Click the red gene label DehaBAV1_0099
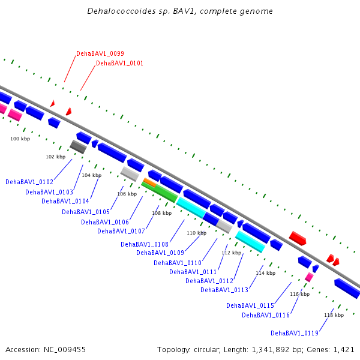pos(100,53)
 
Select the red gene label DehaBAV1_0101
pos(119,63)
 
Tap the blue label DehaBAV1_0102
pos(29,182)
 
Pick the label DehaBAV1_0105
pos(86,212)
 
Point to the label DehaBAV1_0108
pos(145,244)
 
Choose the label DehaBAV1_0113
pos(224,290)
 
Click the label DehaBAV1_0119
pos(295,333)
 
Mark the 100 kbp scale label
pos(20,139)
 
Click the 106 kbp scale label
pos(127,194)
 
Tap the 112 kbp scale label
pos(231,253)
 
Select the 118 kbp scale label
pos(334,315)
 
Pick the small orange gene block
pos(149,182)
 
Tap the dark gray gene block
pos(78,147)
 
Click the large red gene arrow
pos(298,238)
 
